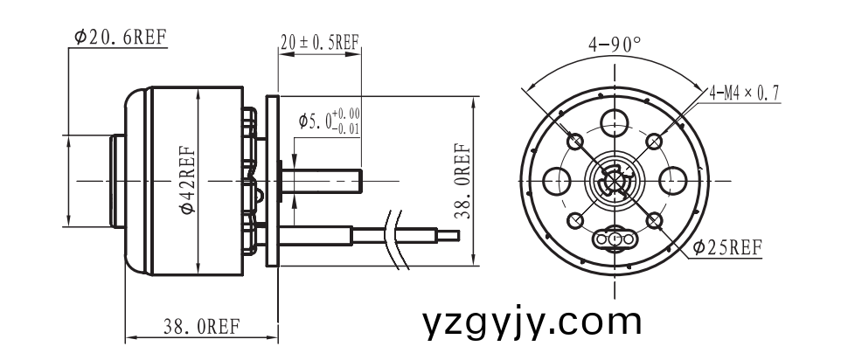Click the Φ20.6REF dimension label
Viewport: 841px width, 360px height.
(120, 38)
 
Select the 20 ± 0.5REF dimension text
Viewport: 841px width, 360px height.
(320, 42)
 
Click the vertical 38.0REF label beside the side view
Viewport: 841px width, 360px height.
(463, 180)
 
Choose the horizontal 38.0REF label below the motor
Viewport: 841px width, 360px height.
(201, 328)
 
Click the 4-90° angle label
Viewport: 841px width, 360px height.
(615, 44)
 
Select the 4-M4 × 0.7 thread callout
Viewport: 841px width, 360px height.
(745, 92)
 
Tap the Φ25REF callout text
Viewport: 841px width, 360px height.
(726, 247)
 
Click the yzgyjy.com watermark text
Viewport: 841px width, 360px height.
(532, 322)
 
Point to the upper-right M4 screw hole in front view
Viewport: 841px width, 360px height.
(655, 140)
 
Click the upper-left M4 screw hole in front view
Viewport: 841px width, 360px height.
(575, 141)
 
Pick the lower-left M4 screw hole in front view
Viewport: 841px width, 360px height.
(575, 220)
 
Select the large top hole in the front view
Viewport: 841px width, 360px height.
(615, 120)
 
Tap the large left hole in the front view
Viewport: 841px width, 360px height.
(554, 180)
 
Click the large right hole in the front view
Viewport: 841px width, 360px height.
(674, 180)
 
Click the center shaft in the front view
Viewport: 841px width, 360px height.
(615, 181)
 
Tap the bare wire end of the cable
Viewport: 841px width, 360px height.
(448, 234)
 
